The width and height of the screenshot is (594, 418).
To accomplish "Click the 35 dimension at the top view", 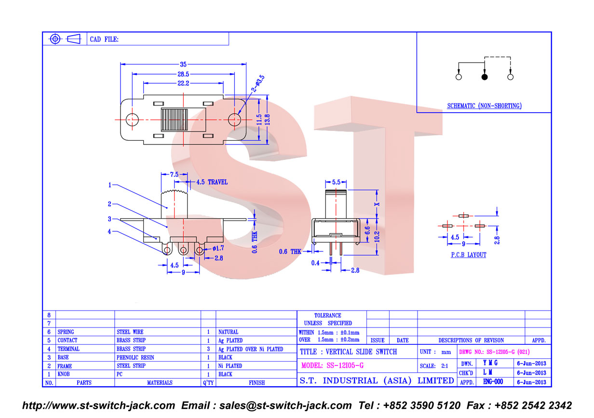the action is point(183,65).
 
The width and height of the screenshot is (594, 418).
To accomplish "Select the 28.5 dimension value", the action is point(183,74).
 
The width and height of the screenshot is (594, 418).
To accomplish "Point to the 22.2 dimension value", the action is point(183,83).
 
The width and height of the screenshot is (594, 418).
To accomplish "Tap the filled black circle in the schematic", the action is point(485,77).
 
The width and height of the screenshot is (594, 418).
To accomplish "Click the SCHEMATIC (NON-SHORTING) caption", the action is point(484,106).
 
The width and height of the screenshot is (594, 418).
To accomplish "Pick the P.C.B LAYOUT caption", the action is point(469,255).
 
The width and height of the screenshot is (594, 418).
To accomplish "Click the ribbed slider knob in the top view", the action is point(174,120).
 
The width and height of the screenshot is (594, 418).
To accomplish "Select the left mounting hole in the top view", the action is point(132,120).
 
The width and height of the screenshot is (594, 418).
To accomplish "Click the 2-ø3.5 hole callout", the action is point(258,84).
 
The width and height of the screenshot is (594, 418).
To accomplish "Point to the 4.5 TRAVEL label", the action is point(212,182).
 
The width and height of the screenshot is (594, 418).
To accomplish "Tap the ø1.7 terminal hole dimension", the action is point(218,248).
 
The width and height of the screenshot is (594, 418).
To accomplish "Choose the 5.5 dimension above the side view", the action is point(336,182).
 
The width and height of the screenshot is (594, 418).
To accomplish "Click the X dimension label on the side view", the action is point(377,204).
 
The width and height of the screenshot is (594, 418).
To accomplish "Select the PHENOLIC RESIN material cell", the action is point(135,358).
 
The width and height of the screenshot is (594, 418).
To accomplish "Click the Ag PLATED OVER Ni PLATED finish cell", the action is point(251,349).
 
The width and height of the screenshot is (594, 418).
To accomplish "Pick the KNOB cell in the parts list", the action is point(64,374).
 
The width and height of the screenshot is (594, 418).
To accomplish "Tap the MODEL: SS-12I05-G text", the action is point(332,366).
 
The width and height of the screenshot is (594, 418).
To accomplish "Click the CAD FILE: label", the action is point(104,39).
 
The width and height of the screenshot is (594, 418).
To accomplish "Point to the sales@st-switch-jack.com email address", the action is point(285,405).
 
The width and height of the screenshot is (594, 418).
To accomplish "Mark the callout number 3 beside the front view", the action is point(109,219).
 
